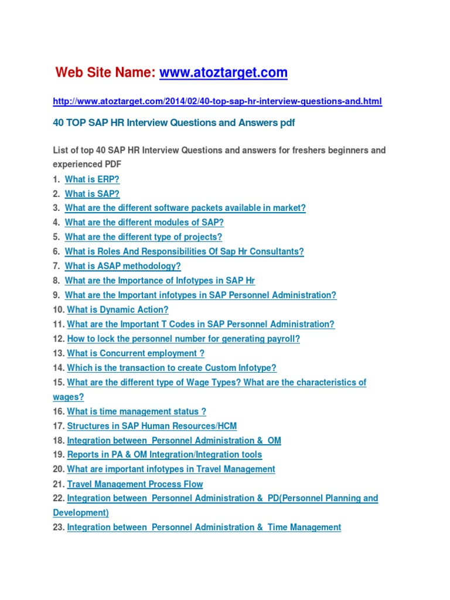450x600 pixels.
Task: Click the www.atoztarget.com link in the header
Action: [223, 73]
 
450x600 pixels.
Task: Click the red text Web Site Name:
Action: [105, 73]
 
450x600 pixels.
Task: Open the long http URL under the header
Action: [217, 101]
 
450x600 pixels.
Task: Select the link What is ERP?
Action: [92, 179]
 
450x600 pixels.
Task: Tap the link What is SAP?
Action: [92, 193]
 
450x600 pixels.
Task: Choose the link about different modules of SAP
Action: [144, 223]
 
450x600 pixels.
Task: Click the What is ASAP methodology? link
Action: [122, 266]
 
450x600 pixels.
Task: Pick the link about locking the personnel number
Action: [183, 339]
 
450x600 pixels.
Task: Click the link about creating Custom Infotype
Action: [172, 368]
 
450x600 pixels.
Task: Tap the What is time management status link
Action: [137, 411]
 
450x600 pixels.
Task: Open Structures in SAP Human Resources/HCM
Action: [152, 426]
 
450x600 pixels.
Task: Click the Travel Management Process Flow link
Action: [135, 484]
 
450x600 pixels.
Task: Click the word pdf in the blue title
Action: [288, 122]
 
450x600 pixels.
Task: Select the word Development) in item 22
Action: [81, 513]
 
